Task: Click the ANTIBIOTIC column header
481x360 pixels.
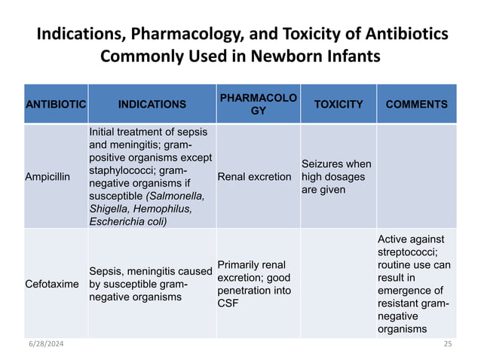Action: click(54, 105)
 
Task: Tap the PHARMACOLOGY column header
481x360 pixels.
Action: click(258, 105)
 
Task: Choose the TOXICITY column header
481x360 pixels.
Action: click(339, 105)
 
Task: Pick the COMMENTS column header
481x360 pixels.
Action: click(416, 105)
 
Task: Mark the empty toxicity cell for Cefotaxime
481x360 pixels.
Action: click(339, 285)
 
